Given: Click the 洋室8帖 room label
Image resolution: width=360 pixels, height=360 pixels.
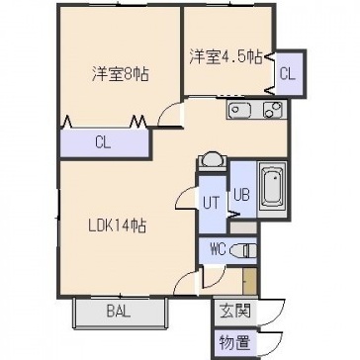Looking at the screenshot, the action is pos(120,74).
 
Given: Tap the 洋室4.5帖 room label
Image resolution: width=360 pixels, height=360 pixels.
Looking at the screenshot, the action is pos(226,57).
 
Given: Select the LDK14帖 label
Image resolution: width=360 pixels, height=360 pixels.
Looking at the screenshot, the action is pos(118,226).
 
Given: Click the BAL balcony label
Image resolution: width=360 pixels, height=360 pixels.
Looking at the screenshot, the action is pos(119,312).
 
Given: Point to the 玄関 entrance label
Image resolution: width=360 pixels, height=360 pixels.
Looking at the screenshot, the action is pos(235,311).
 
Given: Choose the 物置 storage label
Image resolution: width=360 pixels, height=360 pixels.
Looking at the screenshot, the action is pos(235,343).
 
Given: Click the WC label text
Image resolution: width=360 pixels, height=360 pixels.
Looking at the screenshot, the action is pos(218,250).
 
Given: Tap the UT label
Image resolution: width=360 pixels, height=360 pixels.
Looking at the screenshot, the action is pos(211,203).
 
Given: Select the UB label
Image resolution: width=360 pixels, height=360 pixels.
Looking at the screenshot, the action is pos(241,194).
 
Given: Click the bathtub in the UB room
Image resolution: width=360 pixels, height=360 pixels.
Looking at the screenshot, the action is pos(273,189).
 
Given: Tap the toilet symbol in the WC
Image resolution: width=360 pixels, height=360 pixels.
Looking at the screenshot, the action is pos(243,251).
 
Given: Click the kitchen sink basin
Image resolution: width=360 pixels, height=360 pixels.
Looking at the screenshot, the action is pos(240,110).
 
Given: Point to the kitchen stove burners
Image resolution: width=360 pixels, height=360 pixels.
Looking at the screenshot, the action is pos(273,110).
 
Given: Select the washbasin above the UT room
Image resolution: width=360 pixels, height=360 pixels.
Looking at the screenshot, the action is pos(212,160).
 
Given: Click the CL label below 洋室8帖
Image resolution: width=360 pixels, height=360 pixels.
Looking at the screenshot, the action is pos(103,143).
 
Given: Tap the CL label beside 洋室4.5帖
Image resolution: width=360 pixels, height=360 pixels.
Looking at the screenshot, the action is pos(288,74).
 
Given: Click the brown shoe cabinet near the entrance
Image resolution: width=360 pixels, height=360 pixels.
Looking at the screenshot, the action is pos(249,281).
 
